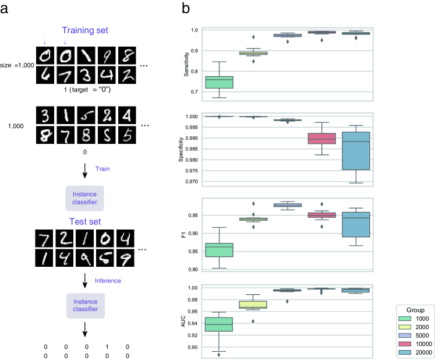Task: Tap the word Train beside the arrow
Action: pyautogui.click(x=102, y=168)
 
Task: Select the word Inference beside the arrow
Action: pyautogui.click(x=108, y=281)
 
